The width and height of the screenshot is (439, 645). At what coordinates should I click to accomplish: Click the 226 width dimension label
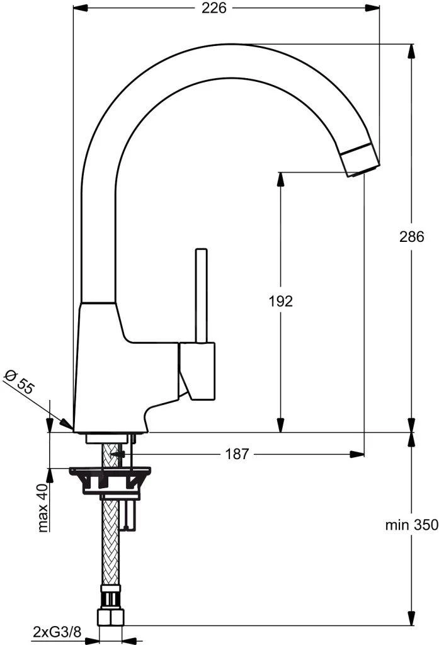click(215, 8)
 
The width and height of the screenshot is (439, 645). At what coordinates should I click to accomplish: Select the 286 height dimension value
click(412, 237)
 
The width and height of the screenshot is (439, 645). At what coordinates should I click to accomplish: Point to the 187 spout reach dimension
click(237, 454)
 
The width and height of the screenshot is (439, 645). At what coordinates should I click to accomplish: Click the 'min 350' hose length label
click(412, 525)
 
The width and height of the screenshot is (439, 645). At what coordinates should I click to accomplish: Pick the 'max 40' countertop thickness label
click(43, 508)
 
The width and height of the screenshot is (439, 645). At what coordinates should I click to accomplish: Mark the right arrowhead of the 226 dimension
click(375, 8)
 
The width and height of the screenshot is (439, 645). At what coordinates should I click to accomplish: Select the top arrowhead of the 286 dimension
click(411, 49)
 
